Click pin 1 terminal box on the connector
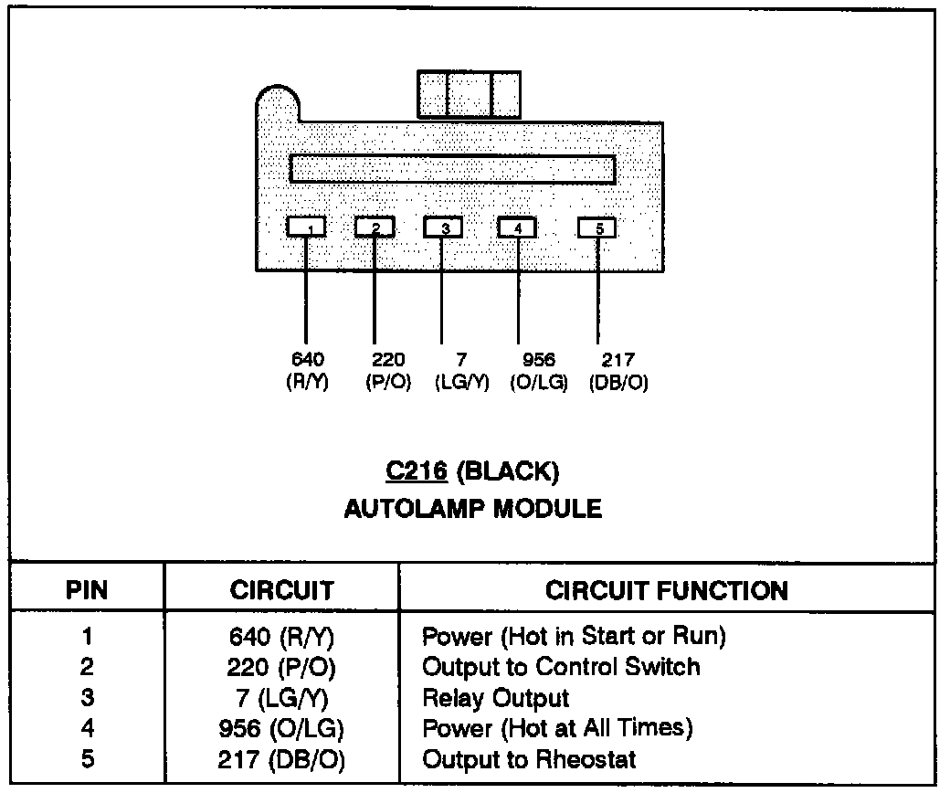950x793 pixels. pyautogui.click(x=306, y=226)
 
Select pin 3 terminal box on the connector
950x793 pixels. pyautogui.click(x=443, y=226)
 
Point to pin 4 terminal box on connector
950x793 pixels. pyautogui.click(x=517, y=226)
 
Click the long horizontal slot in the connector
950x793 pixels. pyautogui.click(x=452, y=169)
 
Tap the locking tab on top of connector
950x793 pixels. pyautogui.click(x=469, y=93)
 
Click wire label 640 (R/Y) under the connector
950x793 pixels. pyautogui.click(x=306, y=371)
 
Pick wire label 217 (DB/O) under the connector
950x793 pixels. pyautogui.click(x=618, y=371)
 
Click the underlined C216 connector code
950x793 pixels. pyautogui.click(x=416, y=471)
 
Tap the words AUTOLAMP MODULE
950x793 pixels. pyautogui.click(x=472, y=509)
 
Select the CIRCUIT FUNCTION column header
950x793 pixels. pyautogui.click(x=667, y=589)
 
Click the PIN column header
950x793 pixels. pyautogui.click(x=88, y=589)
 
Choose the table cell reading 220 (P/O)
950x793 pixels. pyautogui.click(x=281, y=666)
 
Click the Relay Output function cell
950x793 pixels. pyautogui.click(x=495, y=698)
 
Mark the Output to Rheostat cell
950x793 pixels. pyautogui.click(x=529, y=758)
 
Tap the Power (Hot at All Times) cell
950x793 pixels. pyautogui.click(x=558, y=728)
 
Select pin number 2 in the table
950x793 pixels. pyautogui.click(x=88, y=666)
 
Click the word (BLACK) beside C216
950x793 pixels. pyautogui.click(x=507, y=471)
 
